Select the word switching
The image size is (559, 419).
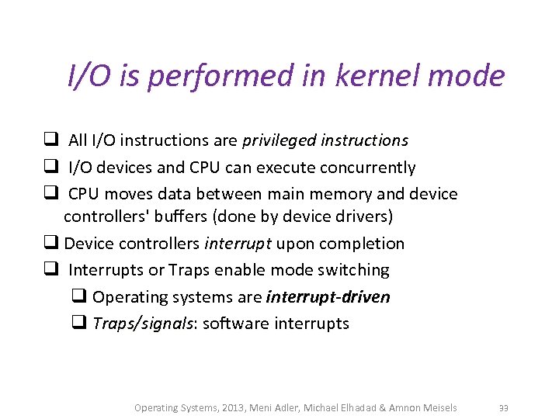(353, 270)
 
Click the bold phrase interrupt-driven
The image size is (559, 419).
(328, 297)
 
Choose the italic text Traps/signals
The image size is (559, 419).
(144, 324)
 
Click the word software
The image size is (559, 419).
(238, 324)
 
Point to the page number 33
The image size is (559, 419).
(503, 408)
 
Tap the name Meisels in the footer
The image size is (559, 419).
(439, 408)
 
